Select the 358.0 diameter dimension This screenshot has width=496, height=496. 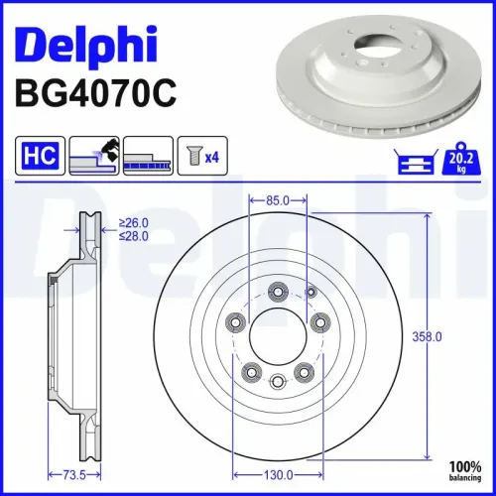[x=426, y=337]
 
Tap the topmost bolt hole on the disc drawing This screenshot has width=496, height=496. [x=279, y=291]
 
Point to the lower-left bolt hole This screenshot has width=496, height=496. [x=252, y=371]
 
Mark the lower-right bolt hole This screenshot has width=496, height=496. [x=305, y=371]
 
